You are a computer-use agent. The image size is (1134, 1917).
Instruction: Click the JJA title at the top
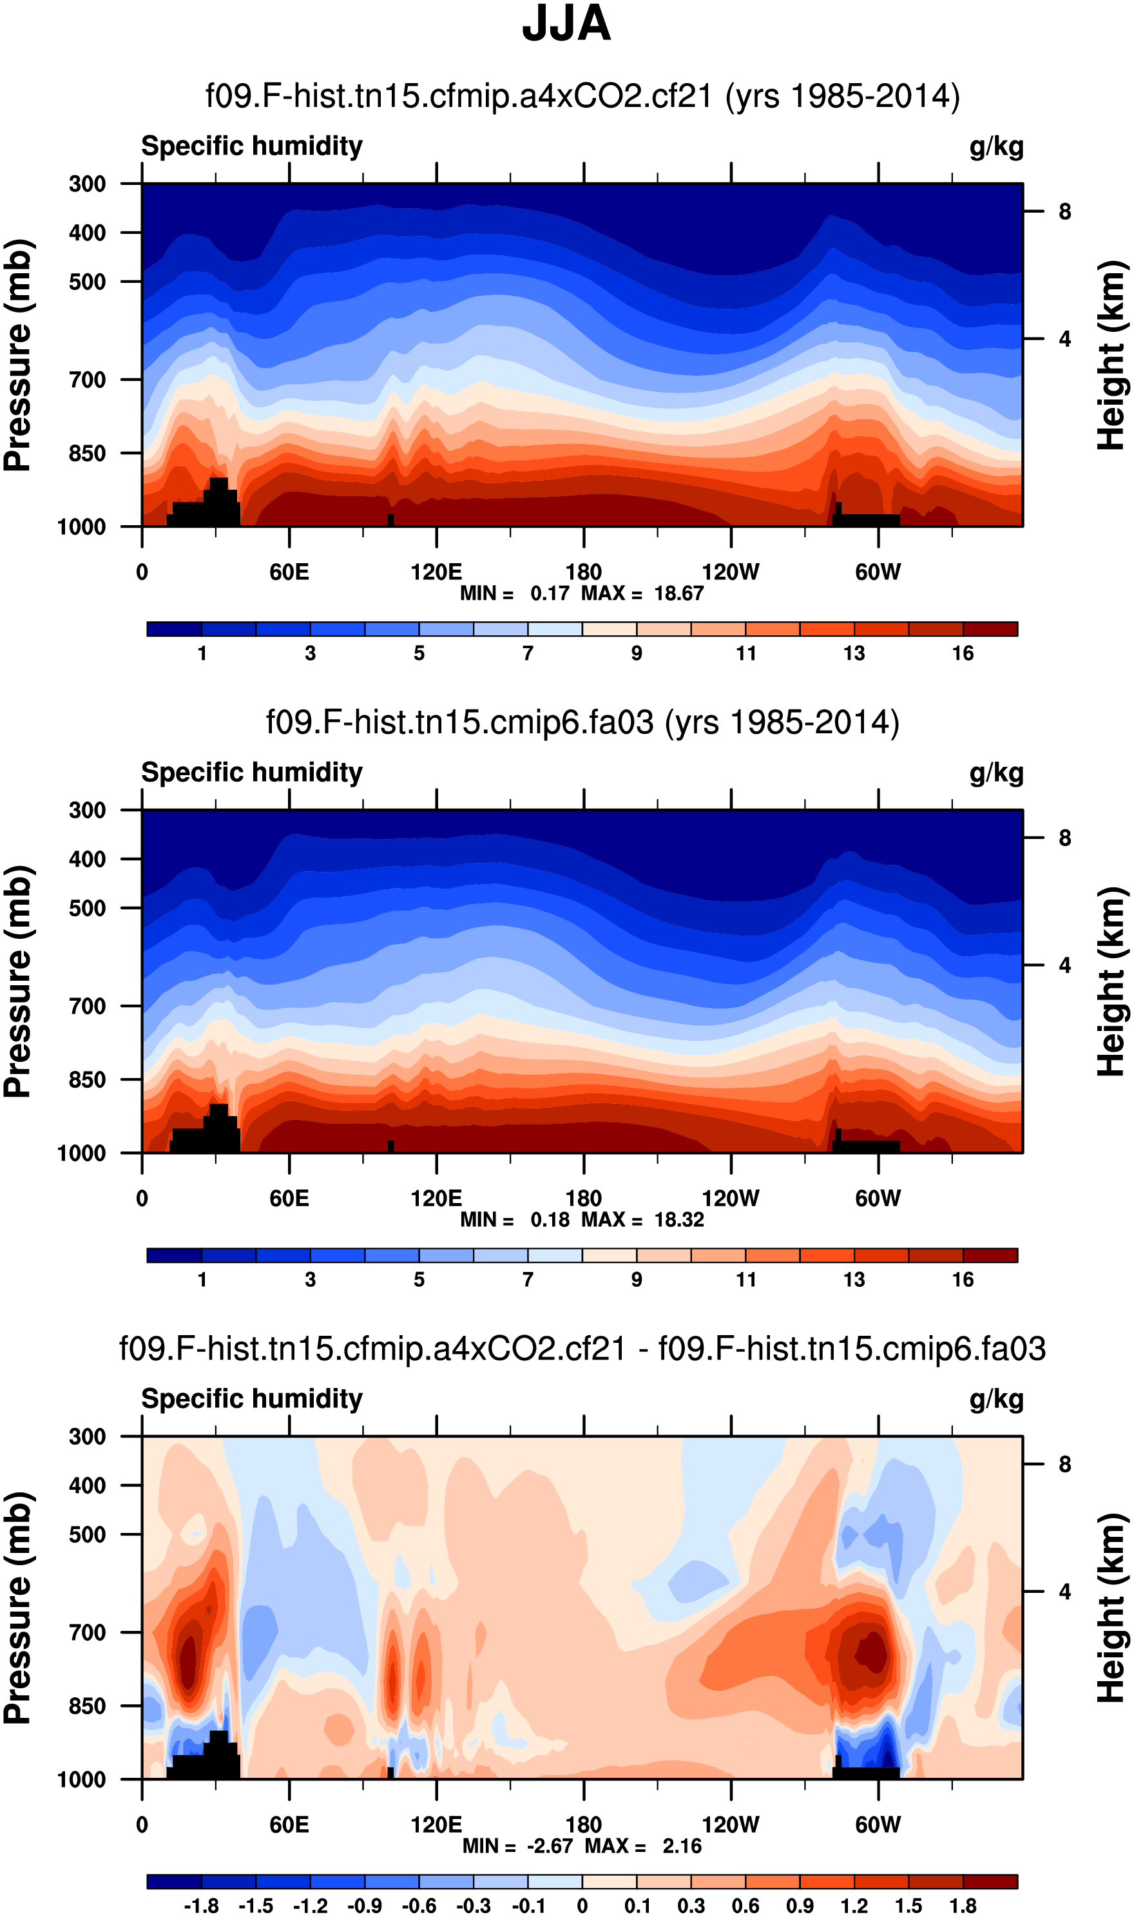pyautogui.click(x=566, y=24)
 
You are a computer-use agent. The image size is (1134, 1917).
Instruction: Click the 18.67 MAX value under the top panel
pyautogui.click(x=678, y=593)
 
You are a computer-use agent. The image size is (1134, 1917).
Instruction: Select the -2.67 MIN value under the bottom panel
pyautogui.click(x=550, y=1846)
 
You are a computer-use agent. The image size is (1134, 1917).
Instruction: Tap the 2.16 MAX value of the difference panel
pyautogui.click(x=682, y=1846)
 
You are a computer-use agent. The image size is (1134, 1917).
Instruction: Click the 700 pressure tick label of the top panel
pyautogui.click(x=87, y=380)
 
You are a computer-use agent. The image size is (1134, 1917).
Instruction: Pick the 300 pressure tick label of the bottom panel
pyautogui.click(x=87, y=1436)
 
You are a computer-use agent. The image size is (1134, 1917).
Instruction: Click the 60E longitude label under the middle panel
pyautogui.click(x=289, y=1198)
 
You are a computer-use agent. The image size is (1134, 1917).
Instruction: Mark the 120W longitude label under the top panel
pyautogui.click(x=731, y=572)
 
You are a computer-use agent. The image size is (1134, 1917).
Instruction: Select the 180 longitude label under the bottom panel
pyautogui.click(x=583, y=1825)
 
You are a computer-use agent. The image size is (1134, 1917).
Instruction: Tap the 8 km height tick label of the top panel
pyautogui.click(x=1064, y=211)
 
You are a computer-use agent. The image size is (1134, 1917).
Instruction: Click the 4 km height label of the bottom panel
pyautogui.click(x=1064, y=1592)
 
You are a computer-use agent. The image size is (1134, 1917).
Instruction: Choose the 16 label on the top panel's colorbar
pyautogui.click(x=963, y=653)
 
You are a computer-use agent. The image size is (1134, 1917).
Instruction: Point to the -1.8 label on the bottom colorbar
pyautogui.click(x=201, y=1905)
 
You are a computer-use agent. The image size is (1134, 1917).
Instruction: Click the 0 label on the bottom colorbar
pyautogui.click(x=582, y=1905)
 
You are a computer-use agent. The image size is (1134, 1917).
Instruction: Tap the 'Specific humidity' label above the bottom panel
pyautogui.click(x=251, y=1398)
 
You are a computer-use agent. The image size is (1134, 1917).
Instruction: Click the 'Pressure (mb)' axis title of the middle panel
pyautogui.click(x=18, y=982)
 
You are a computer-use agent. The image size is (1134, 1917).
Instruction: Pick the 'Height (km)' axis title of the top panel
pyautogui.click(x=1112, y=355)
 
